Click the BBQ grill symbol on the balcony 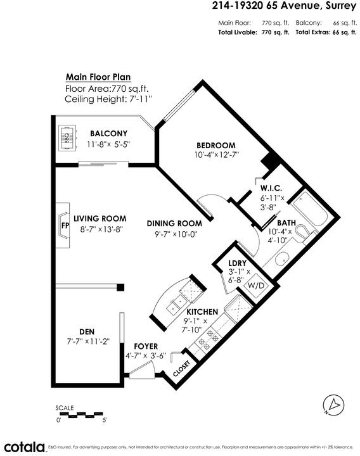click(x=68, y=138)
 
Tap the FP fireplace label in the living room click(x=65, y=225)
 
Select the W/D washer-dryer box click(x=256, y=286)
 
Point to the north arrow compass click(x=333, y=405)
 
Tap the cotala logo click(x=25, y=446)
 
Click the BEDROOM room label click(x=216, y=145)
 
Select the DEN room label click(x=87, y=331)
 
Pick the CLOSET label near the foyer click(x=182, y=369)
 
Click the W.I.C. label click(x=271, y=188)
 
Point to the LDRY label click(x=238, y=263)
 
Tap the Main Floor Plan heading click(x=98, y=77)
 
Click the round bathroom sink click(x=281, y=258)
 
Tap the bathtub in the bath click(x=310, y=207)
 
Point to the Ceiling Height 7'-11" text click(x=108, y=99)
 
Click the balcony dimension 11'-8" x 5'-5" click(x=108, y=144)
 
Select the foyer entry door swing click(x=141, y=370)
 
